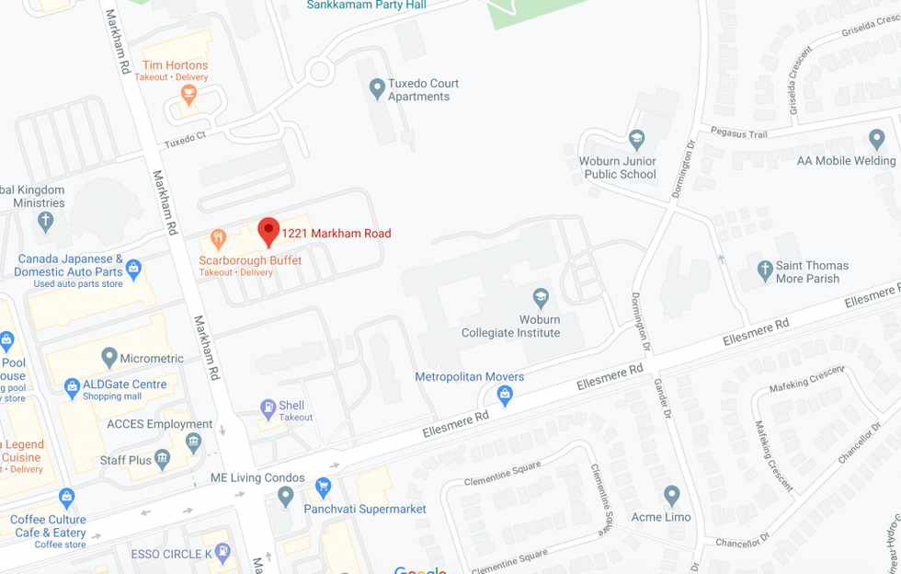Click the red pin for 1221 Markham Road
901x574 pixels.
click(x=268, y=231)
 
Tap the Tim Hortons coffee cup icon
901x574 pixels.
click(x=189, y=95)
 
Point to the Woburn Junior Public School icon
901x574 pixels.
click(x=636, y=140)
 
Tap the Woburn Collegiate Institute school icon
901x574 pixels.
click(x=541, y=297)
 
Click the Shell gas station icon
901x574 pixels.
click(x=268, y=407)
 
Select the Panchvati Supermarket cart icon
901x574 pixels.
click(x=323, y=487)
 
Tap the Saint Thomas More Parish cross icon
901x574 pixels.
click(x=764, y=270)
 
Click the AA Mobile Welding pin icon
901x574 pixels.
click(x=876, y=140)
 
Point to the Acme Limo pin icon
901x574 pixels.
click(x=671, y=496)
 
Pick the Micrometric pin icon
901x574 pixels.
click(x=109, y=357)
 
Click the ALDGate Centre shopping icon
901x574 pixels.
click(x=72, y=387)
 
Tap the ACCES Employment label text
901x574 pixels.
click(x=159, y=424)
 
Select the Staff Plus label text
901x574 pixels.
click(x=126, y=460)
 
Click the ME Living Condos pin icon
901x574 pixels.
click(x=285, y=497)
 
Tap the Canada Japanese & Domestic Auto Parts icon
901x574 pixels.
click(x=134, y=270)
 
